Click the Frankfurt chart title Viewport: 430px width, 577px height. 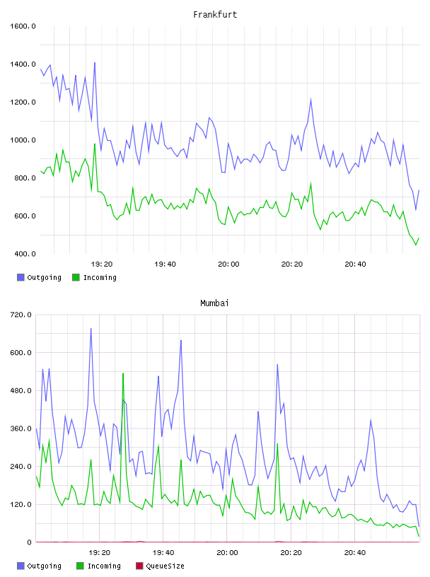(215, 15)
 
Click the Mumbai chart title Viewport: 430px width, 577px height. (214, 303)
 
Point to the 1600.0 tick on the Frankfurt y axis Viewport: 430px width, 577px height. (23, 26)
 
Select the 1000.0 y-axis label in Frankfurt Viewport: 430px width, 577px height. (23, 140)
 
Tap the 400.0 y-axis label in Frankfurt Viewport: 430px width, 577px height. (25, 254)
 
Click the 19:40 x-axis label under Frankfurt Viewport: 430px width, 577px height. (165, 264)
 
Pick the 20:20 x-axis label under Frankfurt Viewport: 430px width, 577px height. (292, 264)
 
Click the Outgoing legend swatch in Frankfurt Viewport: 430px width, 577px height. (21, 277)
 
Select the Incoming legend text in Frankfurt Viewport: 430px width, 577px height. (100, 278)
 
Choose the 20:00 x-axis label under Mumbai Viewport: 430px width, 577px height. (227, 553)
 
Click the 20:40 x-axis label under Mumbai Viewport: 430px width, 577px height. (355, 553)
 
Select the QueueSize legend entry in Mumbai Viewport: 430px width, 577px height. (160, 566)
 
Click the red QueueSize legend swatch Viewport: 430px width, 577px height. (139, 566)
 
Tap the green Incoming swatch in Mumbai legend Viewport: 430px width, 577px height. (80, 566)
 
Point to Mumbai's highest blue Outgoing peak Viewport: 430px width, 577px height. (91, 329)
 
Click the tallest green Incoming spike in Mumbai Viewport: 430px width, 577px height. (123, 373)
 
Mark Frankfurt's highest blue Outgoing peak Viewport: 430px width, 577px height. (95, 62)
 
